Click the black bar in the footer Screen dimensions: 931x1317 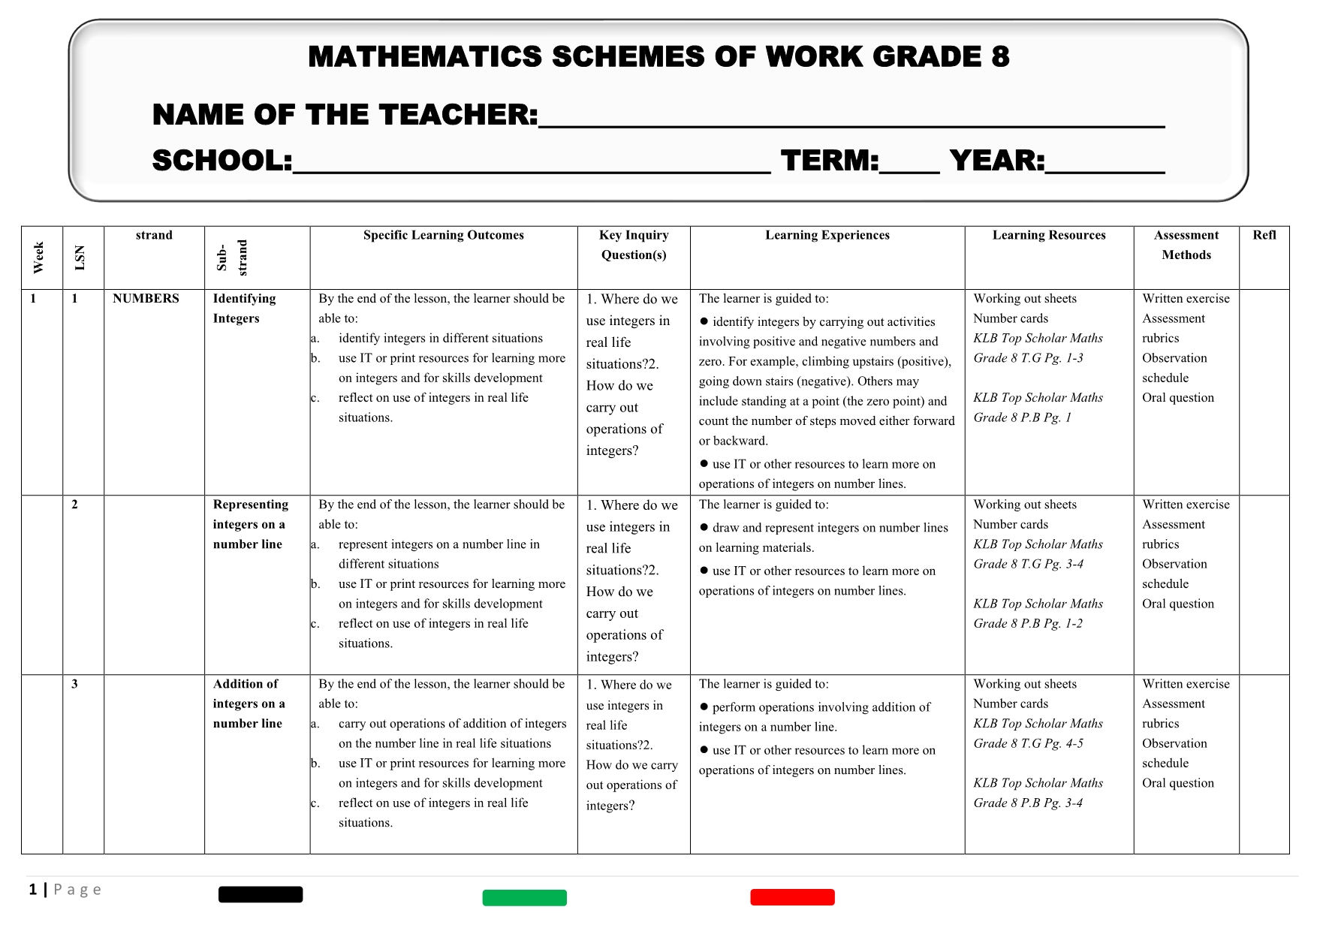pos(261,894)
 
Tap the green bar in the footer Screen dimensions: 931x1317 pos(524,898)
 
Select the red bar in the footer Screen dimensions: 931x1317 pos(792,897)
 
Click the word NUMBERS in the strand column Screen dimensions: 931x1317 pos(146,299)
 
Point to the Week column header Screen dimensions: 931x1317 pos(39,258)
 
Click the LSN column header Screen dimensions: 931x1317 pos(80,258)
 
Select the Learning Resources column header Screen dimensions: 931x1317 pos(1048,236)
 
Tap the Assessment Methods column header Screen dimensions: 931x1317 pos(1186,246)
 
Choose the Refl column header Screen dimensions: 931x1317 pos(1264,236)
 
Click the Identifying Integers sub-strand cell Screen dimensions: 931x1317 pos(244,309)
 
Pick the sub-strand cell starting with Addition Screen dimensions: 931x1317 pos(249,704)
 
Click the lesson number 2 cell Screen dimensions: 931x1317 pos(74,505)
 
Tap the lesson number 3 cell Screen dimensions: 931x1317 pos(74,684)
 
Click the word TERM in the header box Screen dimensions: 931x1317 pos(829,161)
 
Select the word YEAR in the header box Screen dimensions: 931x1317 pos(996,161)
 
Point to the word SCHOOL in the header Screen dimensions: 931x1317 pos(222,161)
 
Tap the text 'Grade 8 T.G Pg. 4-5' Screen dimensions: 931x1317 pos(1028,743)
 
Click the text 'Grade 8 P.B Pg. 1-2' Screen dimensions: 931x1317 pos(1027,624)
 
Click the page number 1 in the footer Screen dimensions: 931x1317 pos(33,890)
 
